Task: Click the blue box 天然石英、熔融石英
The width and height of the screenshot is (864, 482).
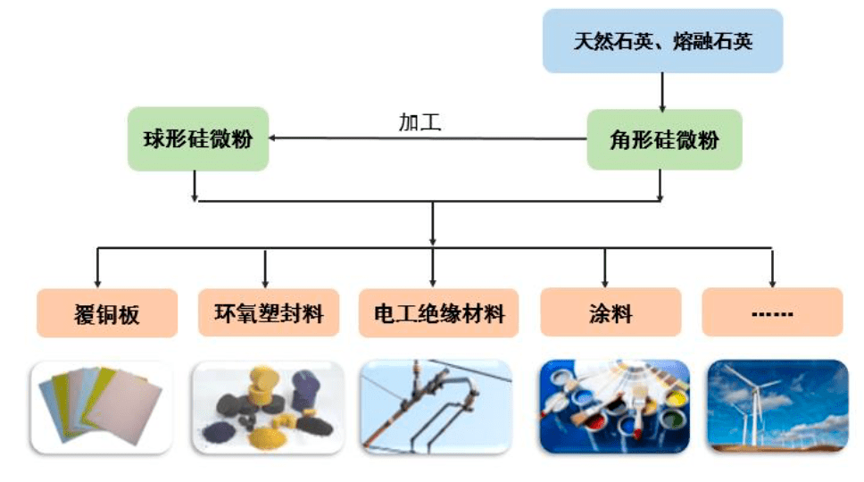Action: pyautogui.click(x=662, y=41)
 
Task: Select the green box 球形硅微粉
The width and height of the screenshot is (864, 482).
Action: pyautogui.click(x=198, y=139)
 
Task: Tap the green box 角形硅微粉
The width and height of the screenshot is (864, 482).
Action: pyautogui.click(x=664, y=139)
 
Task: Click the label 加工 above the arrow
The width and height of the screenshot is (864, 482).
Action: pyautogui.click(x=420, y=122)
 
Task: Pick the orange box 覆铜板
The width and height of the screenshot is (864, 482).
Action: pyautogui.click(x=107, y=313)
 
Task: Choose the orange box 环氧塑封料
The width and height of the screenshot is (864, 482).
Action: pyautogui.click(x=269, y=312)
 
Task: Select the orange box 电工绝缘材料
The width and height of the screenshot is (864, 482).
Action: pyautogui.click(x=438, y=312)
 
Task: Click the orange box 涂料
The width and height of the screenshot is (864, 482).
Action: pyautogui.click(x=611, y=312)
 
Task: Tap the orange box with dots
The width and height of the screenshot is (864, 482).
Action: pyautogui.click(x=772, y=312)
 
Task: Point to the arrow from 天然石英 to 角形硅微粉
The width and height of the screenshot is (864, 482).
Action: pyautogui.click(x=662, y=92)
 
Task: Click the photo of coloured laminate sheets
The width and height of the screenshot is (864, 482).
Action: pyautogui.click(x=101, y=407)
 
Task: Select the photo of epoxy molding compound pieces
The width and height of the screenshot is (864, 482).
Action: pyautogui.click(x=269, y=407)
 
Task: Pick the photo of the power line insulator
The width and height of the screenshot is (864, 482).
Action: pyautogui.click(x=436, y=406)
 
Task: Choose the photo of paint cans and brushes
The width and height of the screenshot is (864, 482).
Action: pyautogui.click(x=614, y=406)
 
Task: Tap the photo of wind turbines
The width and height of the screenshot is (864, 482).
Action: pyautogui.click(x=777, y=406)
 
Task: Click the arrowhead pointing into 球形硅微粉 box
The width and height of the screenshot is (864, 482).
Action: pyautogui.click(x=271, y=137)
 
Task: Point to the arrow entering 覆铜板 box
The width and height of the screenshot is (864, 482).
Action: pyautogui.click(x=97, y=268)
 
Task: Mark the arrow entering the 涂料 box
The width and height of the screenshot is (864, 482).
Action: pyautogui.click(x=605, y=268)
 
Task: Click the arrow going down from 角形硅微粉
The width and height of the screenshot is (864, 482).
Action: pyautogui.click(x=660, y=186)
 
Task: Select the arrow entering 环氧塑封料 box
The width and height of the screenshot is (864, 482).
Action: pyautogui.click(x=266, y=269)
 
